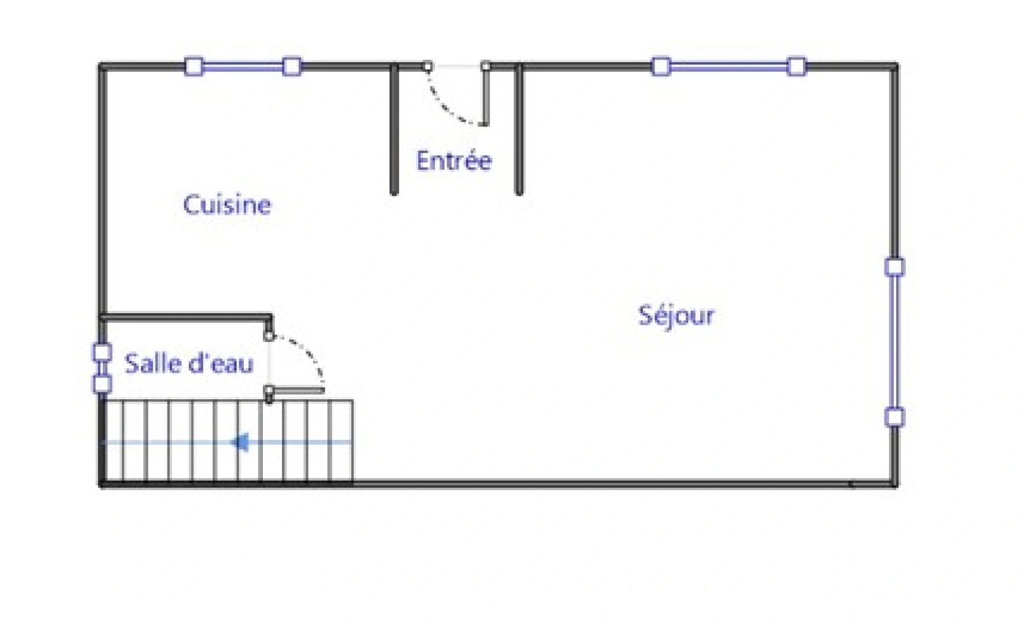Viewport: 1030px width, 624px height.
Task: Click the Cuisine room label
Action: (x=226, y=205)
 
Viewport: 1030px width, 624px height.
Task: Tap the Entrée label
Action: (x=453, y=161)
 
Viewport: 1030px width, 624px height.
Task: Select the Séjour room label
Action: (x=676, y=315)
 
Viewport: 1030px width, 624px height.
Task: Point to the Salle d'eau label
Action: (x=189, y=364)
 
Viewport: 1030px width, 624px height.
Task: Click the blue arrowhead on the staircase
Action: (x=240, y=443)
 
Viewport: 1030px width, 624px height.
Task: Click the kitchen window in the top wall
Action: (x=243, y=67)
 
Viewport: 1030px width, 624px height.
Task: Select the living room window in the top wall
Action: (x=728, y=67)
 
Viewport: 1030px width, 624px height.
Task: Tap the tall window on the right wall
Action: (x=894, y=342)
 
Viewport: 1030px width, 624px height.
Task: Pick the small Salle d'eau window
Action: (x=102, y=368)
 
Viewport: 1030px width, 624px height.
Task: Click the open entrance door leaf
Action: (x=485, y=96)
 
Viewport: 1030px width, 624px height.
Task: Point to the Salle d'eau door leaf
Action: (x=296, y=391)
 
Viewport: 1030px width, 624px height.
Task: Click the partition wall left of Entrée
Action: (x=394, y=130)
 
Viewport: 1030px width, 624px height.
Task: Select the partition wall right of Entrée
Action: (x=519, y=130)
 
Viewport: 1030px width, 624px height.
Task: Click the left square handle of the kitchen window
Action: (x=194, y=66)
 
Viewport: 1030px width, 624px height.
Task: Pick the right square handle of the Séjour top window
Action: (x=797, y=66)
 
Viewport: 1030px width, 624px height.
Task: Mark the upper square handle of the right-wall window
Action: (x=894, y=267)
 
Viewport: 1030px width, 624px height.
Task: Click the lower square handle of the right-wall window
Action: (x=894, y=417)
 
